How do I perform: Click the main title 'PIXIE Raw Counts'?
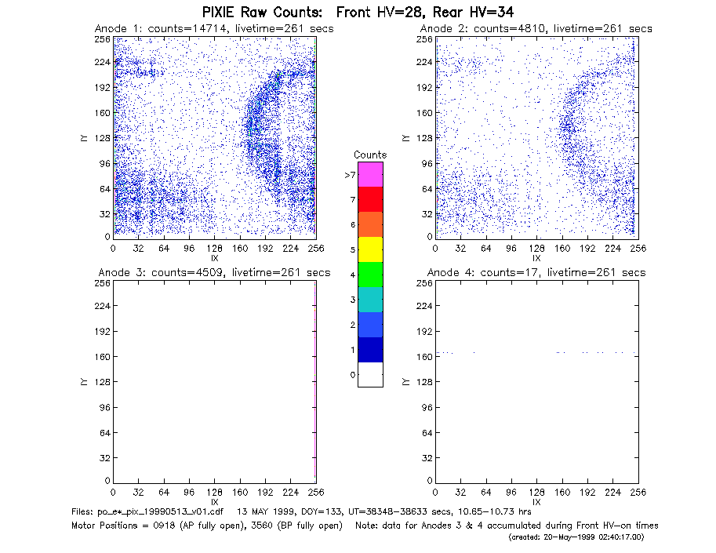coord(262,12)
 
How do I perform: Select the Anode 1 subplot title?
coord(214,29)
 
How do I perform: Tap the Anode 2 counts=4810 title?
coord(536,29)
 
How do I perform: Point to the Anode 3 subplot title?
coord(214,273)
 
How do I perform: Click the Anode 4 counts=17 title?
coord(536,273)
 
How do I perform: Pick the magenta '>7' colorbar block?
coord(370,174)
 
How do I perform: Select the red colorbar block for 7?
coord(370,199)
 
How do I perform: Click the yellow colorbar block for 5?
coord(370,249)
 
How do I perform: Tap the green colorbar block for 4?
coord(370,275)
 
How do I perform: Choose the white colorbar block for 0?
coord(370,374)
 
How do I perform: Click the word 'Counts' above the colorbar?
coord(370,155)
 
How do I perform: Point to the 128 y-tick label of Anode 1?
coord(102,138)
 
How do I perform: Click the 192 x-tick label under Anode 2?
coord(587,249)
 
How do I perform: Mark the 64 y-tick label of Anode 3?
coord(105,432)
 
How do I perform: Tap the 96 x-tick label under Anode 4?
coord(511,493)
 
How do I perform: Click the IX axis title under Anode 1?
coord(215,259)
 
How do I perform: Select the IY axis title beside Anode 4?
coord(405,382)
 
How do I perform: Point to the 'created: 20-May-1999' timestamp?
coord(576,537)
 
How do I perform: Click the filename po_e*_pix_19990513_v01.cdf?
coord(147,512)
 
